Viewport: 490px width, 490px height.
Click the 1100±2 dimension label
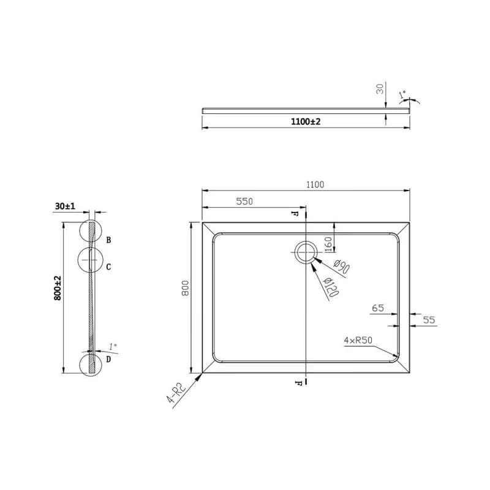[306, 121]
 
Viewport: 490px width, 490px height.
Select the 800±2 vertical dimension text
[58, 288]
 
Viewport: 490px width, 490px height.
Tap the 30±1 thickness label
[65, 206]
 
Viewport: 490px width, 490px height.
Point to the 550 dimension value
[244, 202]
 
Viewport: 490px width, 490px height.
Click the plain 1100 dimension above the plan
[315, 185]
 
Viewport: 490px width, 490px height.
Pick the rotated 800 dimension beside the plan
[186, 288]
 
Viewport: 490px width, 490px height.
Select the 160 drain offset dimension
[328, 244]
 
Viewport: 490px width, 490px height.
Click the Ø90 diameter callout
[341, 266]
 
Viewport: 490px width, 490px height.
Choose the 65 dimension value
[378, 308]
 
